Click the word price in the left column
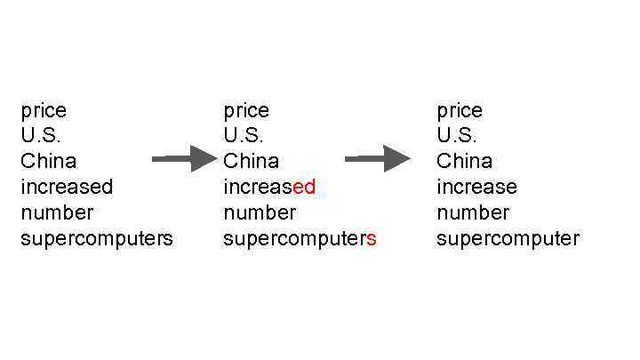(x=44, y=111)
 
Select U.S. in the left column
(x=41, y=136)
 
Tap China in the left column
(x=48, y=161)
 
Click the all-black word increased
(x=67, y=187)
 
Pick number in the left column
(x=57, y=212)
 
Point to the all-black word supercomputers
(x=97, y=239)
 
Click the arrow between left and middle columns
(x=184, y=159)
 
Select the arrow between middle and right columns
(x=377, y=159)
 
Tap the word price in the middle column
(x=246, y=111)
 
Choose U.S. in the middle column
(x=244, y=136)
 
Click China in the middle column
(x=251, y=161)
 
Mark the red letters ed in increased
(x=304, y=187)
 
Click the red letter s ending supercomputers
(x=372, y=239)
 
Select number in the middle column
(x=260, y=212)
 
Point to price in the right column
(x=460, y=111)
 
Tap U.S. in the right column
(x=457, y=136)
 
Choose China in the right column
(x=464, y=161)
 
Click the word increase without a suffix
(x=476, y=187)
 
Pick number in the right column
(x=473, y=212)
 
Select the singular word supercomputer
(x=508, y=239)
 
